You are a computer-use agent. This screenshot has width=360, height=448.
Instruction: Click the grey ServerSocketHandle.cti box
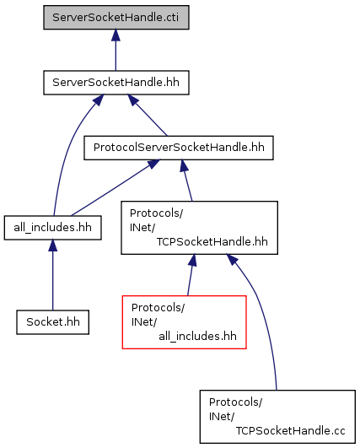click(x=116, y=17)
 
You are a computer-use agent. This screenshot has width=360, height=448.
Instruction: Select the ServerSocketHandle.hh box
click(x=116, y=83)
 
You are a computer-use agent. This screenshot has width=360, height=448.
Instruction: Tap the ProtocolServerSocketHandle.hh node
click(x=179, y=148)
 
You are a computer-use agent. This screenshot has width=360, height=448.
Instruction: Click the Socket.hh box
click(x=53, y=322)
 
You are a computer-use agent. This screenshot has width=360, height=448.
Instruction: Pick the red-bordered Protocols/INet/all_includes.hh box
click(x=184, y=322)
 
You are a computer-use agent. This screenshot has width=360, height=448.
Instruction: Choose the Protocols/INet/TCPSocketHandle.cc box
click(x=277, y=417)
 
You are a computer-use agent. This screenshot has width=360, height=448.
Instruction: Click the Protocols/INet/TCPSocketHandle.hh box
click(x=199, y=228)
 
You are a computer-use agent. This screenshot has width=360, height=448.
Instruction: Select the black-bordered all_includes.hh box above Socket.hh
click(x=53, y=228)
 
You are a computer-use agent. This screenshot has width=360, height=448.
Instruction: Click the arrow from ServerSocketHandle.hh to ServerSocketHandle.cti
click(x=116, y=50)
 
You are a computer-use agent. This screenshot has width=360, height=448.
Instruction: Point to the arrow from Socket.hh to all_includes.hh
click(x=53, y=275)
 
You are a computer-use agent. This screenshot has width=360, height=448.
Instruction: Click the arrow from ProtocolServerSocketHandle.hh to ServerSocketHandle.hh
click(x=148, y=115)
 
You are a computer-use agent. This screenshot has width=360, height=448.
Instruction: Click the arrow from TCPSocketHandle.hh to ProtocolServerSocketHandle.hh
click(x=186, y=181)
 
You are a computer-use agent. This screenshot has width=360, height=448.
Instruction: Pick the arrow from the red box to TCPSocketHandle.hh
click(x=191, y=275)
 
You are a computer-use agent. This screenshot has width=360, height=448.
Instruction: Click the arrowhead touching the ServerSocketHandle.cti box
click(x=116, y=35)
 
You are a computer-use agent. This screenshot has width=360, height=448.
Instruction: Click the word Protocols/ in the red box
click(x=158, y=308)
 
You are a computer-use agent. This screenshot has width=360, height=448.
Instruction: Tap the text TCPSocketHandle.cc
click(x=290, y=430)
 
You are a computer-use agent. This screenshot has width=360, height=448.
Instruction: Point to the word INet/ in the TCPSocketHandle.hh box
click(x=142, y=228)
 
